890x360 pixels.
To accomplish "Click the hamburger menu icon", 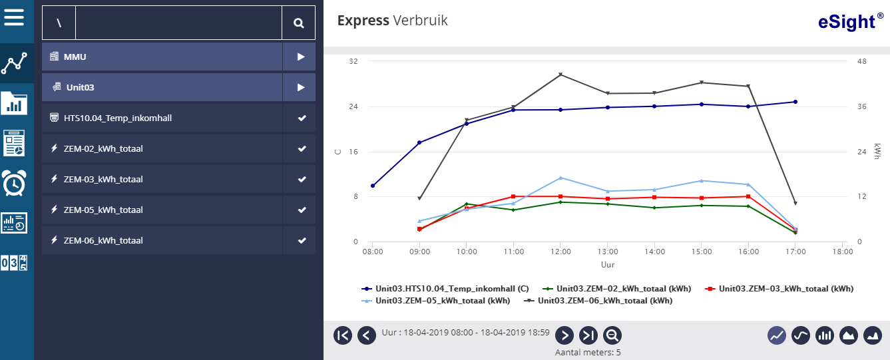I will [x=14, y=16].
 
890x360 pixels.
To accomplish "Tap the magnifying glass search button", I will [x=299, y=23].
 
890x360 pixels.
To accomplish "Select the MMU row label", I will [x=75, y=57].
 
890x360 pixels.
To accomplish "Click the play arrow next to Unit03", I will [x=301, y=87].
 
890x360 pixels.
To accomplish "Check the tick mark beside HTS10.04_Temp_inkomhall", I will [x=302, y=118].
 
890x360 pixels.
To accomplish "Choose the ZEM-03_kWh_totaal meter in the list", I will [x=103, y=179].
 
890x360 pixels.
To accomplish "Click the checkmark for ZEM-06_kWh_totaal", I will [x=302, y=240].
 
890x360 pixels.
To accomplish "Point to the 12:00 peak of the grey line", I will [x=560, y=75].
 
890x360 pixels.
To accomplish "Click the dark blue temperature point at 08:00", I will [x=373, y=186].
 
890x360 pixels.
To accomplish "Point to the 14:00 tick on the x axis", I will [x=654, y=252].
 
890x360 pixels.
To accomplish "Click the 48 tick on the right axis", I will [x=861, y=61].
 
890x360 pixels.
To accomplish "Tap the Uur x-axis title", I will [x=607, y=265].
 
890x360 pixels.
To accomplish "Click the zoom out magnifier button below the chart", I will [x=612, y=335].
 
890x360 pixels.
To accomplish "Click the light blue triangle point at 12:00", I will [x=560, y=178].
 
